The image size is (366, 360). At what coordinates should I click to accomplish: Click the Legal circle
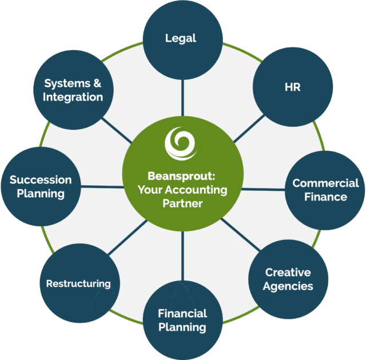tap(183, 40)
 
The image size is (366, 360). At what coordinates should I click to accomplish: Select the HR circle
tap(293, 87)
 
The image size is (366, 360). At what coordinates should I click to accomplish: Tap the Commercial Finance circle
tap(325, 190)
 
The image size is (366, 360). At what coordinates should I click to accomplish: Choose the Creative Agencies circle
tap(288, 279)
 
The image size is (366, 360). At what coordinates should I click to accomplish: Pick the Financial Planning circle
tap(183, 320)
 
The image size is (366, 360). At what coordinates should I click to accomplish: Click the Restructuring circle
tap(80, 283)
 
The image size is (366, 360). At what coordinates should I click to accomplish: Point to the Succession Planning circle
tap(41, 186)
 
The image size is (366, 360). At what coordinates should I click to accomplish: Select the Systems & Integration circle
tap(73, 90)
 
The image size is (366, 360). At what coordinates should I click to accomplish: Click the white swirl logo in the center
tap(181, 143)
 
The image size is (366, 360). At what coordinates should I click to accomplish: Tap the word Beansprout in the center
tap(179, 176)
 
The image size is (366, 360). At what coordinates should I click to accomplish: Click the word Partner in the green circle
tap(182, 203)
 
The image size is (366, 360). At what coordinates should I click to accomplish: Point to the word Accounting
tap(196, 190)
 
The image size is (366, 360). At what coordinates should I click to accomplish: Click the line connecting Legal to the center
tap(182, 98)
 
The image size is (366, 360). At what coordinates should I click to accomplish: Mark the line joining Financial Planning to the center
tap(182, 256)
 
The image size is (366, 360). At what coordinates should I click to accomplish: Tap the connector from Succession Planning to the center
tap(102, 186)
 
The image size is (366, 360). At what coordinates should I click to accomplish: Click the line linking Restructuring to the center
tap(128, 237)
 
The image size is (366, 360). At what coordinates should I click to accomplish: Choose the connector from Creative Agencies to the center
tap(240, 234)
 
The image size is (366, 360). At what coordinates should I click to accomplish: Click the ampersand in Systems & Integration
tap(97, 83)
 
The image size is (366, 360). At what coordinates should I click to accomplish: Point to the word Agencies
tap(288, 286)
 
